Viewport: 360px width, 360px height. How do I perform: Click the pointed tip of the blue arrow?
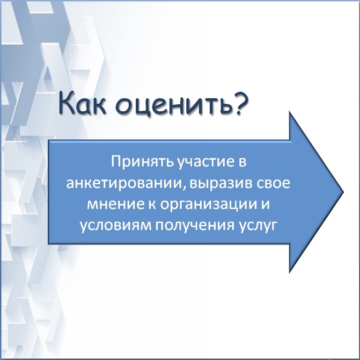343,192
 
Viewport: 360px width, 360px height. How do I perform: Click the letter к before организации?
152,204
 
